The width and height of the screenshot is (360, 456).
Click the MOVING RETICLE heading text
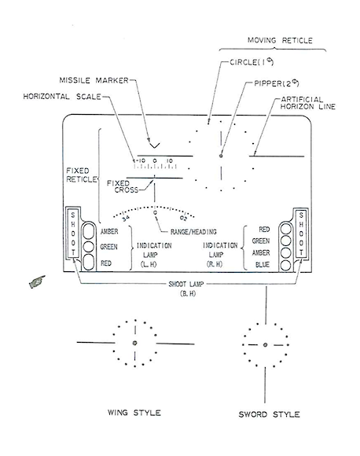(x=280, y=40)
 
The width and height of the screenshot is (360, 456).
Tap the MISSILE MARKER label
(x=94, y=80)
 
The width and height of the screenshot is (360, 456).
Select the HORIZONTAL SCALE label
(x=62, y=97)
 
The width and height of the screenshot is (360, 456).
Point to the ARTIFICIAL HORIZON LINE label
(x=307, y=103)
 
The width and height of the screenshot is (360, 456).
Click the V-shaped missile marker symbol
(x=154, y=145)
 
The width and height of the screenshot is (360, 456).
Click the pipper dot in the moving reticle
(x=221, y=156)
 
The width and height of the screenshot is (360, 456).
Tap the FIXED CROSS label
(x=123, y=186)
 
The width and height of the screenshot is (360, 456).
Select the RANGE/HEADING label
(x=193, y=232)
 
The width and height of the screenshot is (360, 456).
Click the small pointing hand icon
(x=37, y=281)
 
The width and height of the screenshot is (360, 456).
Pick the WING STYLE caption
(x=134, y=413)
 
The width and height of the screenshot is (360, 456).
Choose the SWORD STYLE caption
(x=269, y=414)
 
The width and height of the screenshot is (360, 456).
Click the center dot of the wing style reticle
(x=134, y=343)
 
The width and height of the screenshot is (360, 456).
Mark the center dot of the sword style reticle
(x=265, y=345)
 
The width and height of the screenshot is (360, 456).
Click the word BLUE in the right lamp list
(x=263, y=265)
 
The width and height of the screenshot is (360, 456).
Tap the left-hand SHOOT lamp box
(x=73, y=234)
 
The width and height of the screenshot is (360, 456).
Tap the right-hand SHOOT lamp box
(x=301, y=234)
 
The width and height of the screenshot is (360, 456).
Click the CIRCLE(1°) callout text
(x=252, y=62)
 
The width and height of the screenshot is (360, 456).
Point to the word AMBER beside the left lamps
(x=109, y=231)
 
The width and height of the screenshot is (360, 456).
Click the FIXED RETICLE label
(x=82, y=175)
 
